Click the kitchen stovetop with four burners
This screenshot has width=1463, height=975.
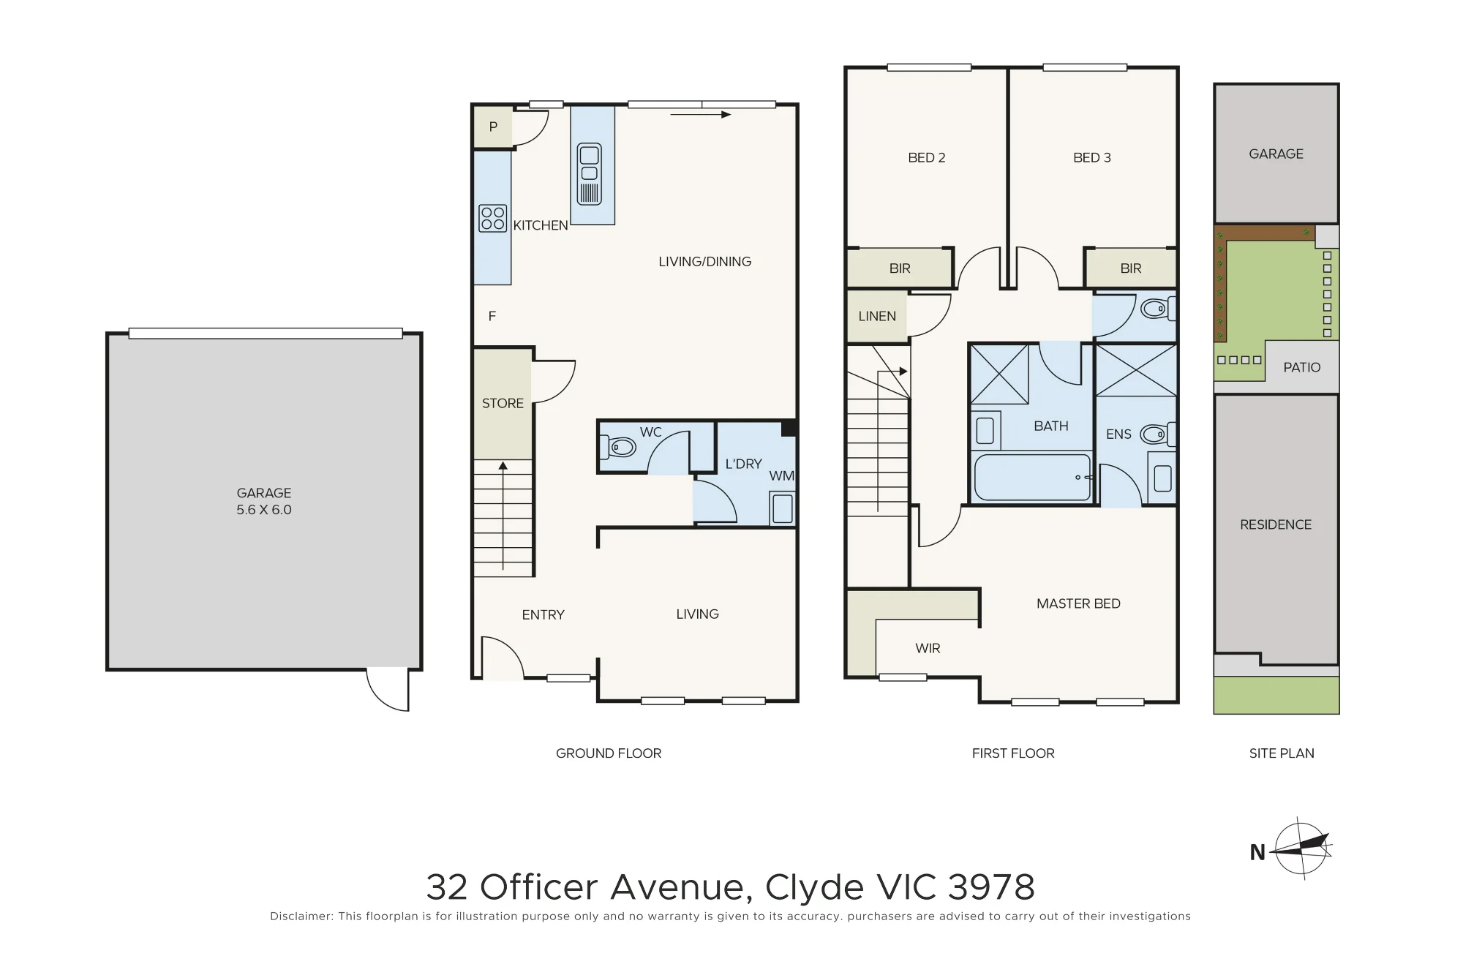pyautogui.click(x=492, y=218)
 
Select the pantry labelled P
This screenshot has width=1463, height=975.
pyautogui.click(x=493, y=127)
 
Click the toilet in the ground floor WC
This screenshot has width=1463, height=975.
pyautogui.click(x=619, y=446)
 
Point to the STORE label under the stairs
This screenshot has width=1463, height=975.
pyautogui.click(x=503, y=403)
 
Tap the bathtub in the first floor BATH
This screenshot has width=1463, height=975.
pyautogui.click(x=1032, y=478)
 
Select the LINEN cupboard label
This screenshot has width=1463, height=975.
pyautogui.click(x=877, y=316)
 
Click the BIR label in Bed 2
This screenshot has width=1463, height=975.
pyautogui.click(x=900, y=268)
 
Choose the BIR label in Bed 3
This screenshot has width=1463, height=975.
pyautogui.click(x=1131, y=268)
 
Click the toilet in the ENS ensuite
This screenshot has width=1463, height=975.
pyautogui.click(x=1158, y=434)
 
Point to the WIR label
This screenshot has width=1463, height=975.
pyautogui.click(x=928, y=648)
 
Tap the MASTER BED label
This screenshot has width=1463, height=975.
pyautogui.click(x=1078, y=603)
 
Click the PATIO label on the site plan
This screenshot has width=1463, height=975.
pyautogui.click(x=1302, y=367)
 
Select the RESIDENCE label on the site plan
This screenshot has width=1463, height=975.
pyautogui.click(x=1276, y=524)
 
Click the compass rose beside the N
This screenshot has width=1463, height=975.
pyautogui.click(x=1301, y=848)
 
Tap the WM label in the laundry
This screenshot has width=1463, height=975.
pyautogui.click(x=781, y=475)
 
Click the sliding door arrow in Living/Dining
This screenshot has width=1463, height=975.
pyautogui.click(x=700, y=115)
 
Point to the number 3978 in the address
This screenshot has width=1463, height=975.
pyautogui.click(x=991, y=887)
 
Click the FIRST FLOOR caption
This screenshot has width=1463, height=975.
pyautogui.click(x=1013, y=753)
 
